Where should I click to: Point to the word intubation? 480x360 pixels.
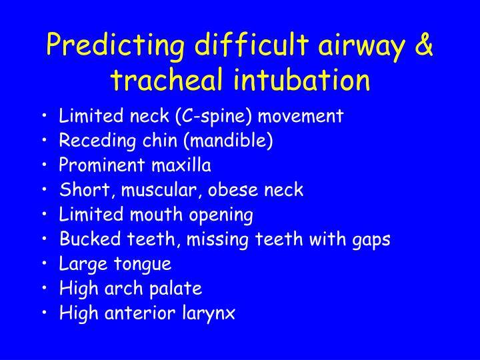pos(301,79)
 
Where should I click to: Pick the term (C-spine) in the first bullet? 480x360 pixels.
pos(213,116)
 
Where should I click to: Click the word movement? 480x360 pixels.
pos(301,117)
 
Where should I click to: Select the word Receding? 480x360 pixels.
pos(97,141)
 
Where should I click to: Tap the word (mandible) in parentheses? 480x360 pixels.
pos(228,141)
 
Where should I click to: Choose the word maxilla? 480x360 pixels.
pos(181,165)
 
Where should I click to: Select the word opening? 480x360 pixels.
pos(221,215)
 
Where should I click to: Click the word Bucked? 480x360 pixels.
pos(90,239)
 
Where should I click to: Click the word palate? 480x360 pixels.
pos(176,289)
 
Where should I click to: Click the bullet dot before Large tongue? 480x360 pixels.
pos(45,263)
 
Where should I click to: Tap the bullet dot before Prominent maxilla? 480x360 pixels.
pos(45,165)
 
